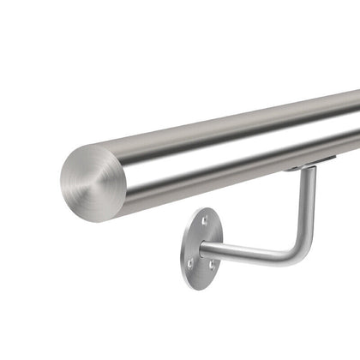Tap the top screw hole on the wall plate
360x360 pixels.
[204, 221]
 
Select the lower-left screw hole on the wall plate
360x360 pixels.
[191, 263]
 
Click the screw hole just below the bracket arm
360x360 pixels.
[212, 265]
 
